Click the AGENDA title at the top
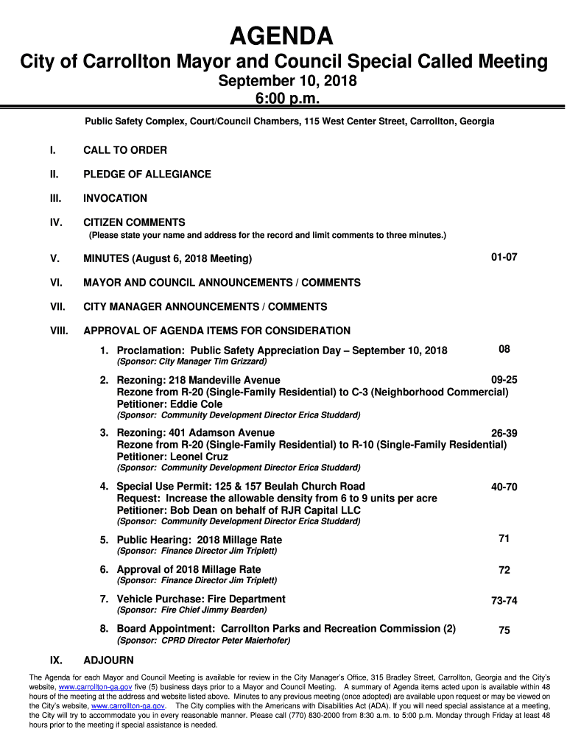[x=283, y=35]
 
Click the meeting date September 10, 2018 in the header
[x=287, y=82]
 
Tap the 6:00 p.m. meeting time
[x=286, y=99]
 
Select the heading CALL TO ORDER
[x=124, y=150]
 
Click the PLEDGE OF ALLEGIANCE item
[x=147, y=175]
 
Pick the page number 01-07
[x=504, y=258]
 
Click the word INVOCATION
[x=115, y=198]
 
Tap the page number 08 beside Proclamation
[x=504, y=349]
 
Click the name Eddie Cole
[x=196, y=404]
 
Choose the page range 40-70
[x=504, y=487]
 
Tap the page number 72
[x=504, y=570]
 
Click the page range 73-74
[x=504, y=601]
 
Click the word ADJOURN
[x=108, y=660]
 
